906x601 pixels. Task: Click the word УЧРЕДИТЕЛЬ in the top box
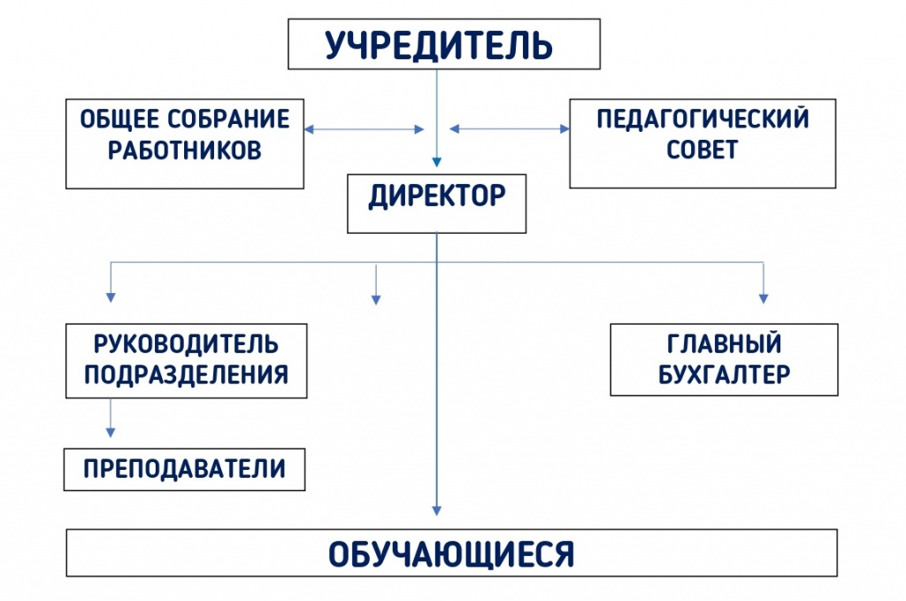(439, 45)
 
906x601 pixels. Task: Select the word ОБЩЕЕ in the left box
(119, 119)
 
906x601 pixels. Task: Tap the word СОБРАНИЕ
(229, 119)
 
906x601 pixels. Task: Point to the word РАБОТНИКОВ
(185, 150)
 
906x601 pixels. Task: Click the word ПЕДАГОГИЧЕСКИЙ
(703, 119)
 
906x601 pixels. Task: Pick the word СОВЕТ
(702, 150)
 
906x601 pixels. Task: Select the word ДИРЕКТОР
(437, 196)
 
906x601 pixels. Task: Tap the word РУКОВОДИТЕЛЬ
(186, 343)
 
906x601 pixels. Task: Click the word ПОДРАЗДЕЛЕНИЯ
(186, 374)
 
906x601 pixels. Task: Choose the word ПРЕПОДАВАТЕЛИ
(184, 468)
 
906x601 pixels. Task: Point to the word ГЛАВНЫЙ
(724, 343)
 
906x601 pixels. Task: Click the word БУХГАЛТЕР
(724, 374)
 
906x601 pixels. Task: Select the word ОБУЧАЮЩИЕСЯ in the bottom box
(451, 553)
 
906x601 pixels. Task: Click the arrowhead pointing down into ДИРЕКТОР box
(437, 162)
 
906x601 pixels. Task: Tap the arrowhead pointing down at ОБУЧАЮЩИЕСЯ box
(437, 510)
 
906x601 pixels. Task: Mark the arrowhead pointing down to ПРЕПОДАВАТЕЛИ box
(111, 432)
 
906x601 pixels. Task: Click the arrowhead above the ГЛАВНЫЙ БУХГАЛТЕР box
(764, 299)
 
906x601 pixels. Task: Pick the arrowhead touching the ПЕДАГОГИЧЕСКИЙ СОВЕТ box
(564, 129)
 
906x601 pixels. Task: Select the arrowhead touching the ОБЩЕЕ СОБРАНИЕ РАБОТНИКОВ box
(309, 129)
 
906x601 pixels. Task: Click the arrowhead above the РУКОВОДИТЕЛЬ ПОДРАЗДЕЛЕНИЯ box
(111, 297)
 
